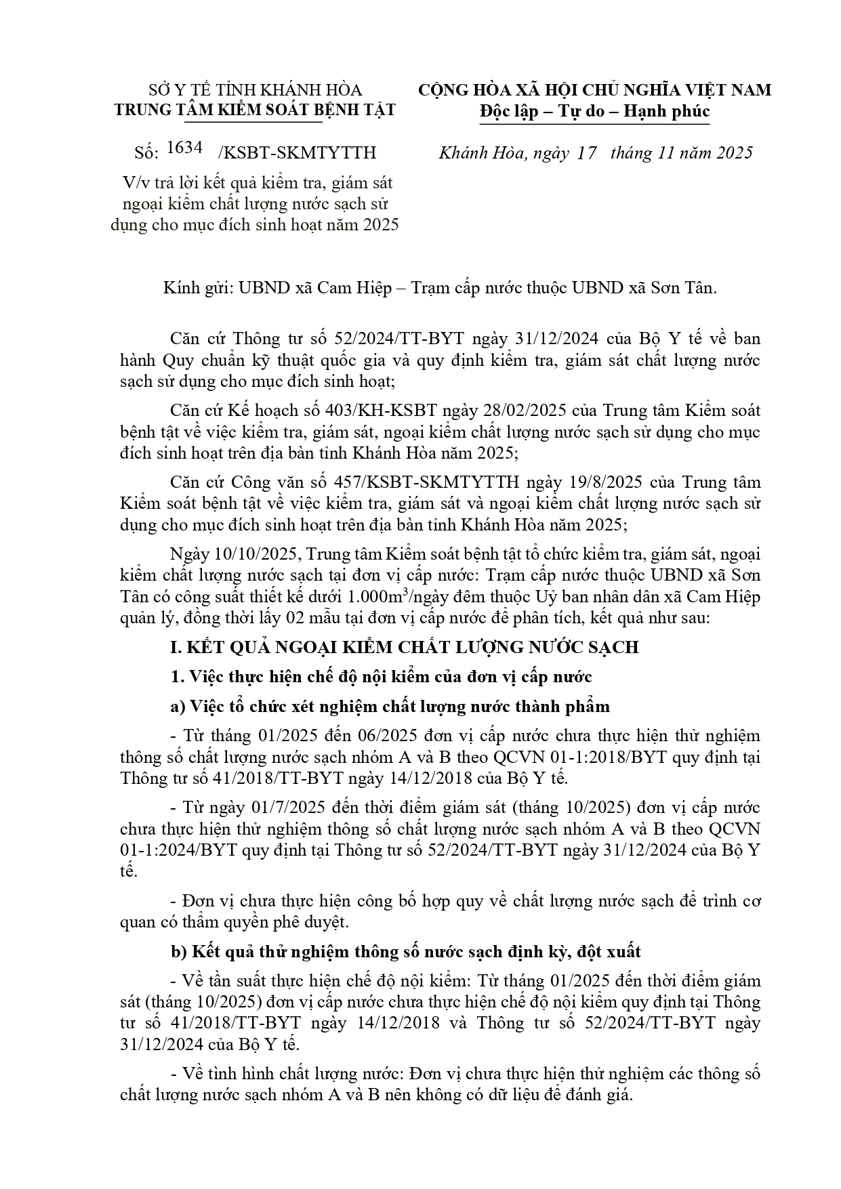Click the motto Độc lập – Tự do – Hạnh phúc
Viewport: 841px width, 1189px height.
coord(594,110)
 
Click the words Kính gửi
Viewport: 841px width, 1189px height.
coord(197,288)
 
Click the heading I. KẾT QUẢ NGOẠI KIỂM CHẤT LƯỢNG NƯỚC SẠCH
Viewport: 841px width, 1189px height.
coord(404,647)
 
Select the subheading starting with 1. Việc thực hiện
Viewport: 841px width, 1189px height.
coord(382,677)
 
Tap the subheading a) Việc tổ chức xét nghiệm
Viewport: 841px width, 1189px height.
coord(390,707)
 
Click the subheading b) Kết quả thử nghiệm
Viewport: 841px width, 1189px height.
coord(405,951)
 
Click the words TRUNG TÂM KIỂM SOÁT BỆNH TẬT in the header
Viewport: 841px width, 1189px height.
coord(255,110)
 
